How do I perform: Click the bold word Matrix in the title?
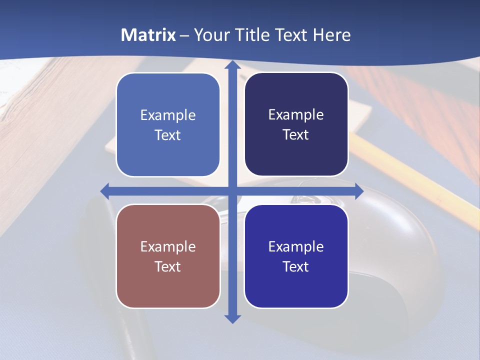(x=148, y=35)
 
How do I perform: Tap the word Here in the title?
(x=331, y=35)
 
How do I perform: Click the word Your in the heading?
(x=210, y=35)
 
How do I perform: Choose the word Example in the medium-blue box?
(x=168, y=115)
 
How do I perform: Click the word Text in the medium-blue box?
(x=168, y=135)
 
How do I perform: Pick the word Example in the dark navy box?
(x=296, y=115)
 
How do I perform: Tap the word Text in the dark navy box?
(x=296, y=135)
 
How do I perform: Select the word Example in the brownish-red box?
(x=168, y=247)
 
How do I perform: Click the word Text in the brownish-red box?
(x=168, y=267)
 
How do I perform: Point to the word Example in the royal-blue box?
(x=296, y=247)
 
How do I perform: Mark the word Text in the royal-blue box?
(x=296, y=267)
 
